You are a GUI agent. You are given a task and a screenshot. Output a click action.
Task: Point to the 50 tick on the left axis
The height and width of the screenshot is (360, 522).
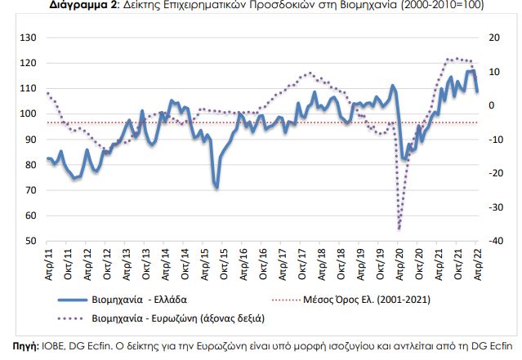click(29, 242)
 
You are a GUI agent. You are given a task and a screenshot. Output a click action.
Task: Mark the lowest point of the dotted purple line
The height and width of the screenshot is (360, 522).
click(399, 229)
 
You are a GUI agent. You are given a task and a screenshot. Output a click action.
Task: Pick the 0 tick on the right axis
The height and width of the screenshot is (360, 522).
click(492, 105)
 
